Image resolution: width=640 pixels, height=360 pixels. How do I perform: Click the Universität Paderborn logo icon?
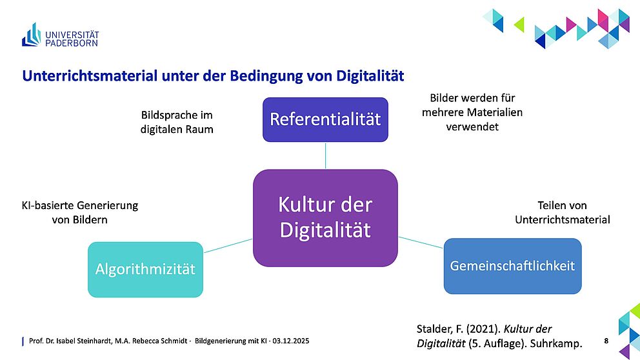coord(32,35)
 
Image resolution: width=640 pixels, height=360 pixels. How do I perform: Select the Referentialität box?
coord(325,119)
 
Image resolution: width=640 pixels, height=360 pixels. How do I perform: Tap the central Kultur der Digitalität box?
coord(325,218)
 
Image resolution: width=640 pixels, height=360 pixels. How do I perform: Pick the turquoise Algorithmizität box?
coord(145,270)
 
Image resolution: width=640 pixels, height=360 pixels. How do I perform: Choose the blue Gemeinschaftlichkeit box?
coord(513,266)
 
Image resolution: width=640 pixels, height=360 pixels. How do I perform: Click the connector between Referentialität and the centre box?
coord(325,155)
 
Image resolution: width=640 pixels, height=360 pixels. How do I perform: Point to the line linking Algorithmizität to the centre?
coord(228,246)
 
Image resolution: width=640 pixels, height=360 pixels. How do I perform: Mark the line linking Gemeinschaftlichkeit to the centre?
coord(421,243)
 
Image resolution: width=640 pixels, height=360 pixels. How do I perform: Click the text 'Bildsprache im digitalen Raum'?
coord(177,122)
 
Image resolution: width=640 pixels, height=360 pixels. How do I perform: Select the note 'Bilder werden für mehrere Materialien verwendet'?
coord(472,112)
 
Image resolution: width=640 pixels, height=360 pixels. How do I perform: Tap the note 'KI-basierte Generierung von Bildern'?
coord(80,212)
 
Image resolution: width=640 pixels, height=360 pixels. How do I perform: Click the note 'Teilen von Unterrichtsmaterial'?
coord(563,212)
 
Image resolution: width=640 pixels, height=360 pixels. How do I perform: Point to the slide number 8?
coord(606,341)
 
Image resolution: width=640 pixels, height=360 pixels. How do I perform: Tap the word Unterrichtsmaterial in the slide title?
coord(90,76)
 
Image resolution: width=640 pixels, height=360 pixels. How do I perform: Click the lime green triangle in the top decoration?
coord(519,25)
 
